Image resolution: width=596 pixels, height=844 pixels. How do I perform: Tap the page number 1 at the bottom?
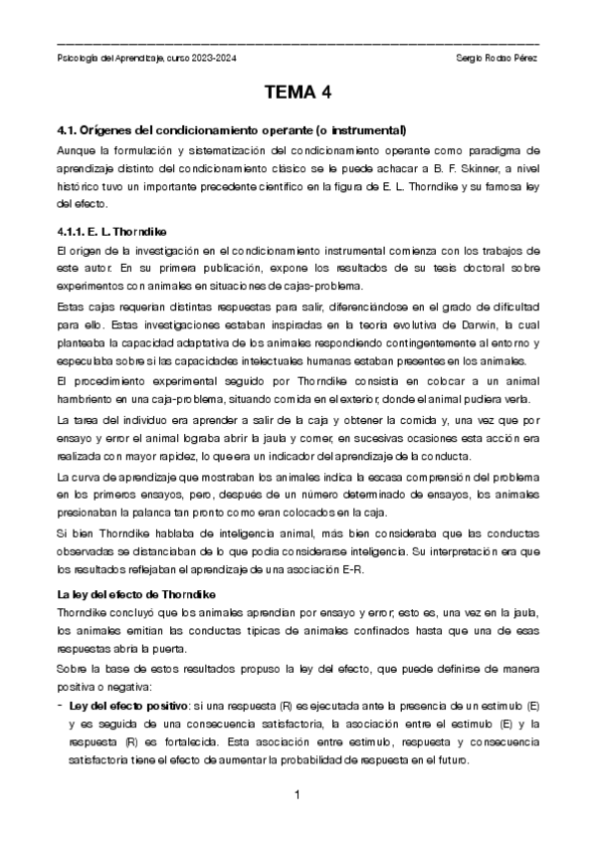298,794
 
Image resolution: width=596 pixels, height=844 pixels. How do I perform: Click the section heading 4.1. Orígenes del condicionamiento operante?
232,130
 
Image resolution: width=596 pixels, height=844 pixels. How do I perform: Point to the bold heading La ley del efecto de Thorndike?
143,594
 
